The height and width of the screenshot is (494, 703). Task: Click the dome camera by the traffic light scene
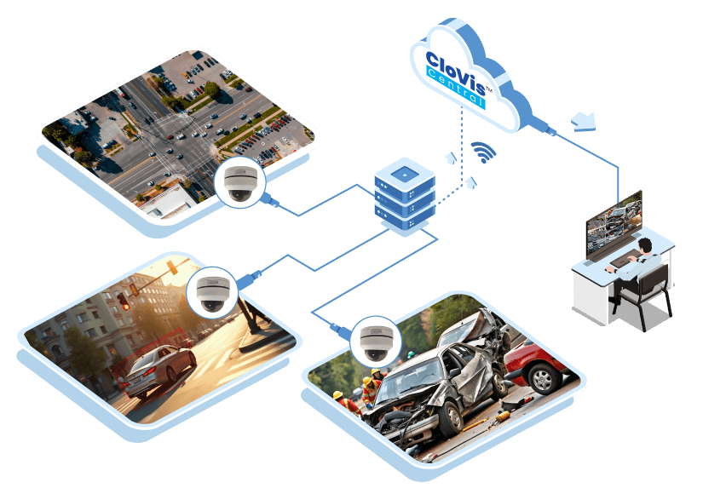[210, 292]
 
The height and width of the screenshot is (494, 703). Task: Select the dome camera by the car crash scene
[373, 340]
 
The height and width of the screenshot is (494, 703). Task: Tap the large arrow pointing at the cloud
[585, 122]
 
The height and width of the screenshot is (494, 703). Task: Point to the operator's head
[645, 246]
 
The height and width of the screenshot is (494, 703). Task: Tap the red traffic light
[125, 303]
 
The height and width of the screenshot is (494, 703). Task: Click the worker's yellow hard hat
[337, 395]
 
